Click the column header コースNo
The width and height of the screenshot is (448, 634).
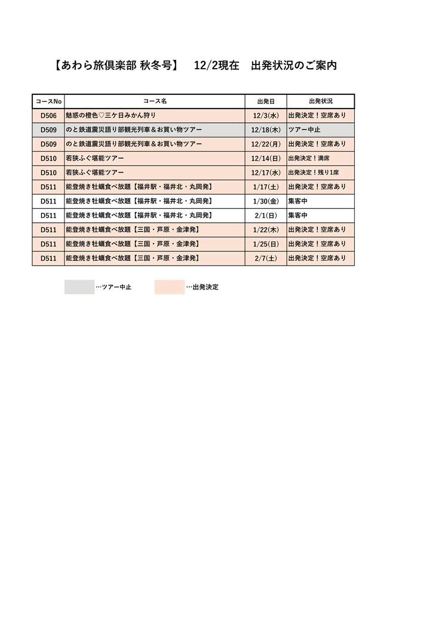tap(48, 101)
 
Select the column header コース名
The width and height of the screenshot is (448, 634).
tap(155, 101)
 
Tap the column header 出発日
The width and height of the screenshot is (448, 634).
tap(266, 101)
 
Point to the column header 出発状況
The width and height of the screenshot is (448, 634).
tap(320, 101)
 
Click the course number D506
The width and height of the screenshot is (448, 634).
tap(48, 115)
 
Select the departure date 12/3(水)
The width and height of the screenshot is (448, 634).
tap(266, 115)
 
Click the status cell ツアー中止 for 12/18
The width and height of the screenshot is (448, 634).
tap(305, 130)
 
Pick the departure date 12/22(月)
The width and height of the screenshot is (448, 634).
tap(266, 144)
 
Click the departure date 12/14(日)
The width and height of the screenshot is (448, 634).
tap(266, 158)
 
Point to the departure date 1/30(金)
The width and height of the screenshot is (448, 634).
tap(266, 201)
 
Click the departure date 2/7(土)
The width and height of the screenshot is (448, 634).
tap(266, 258)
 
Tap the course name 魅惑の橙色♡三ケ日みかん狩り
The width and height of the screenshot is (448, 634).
tap(111, 115)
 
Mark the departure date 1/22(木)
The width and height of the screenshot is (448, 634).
tap(266, 230)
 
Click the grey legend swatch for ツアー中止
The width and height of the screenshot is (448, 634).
tap(79, 287)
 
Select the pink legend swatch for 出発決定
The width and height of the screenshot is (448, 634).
tap(170, 287)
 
